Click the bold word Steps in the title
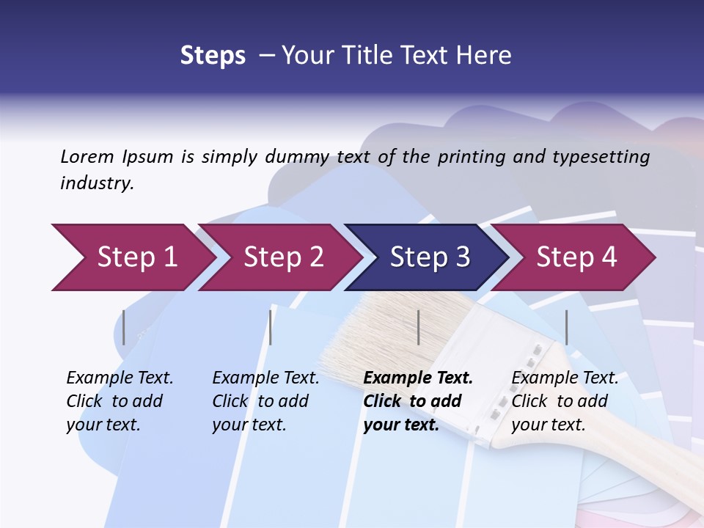pyautogui.click(x=213, y=56)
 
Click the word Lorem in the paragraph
pyautogui.click(x=87, y=156)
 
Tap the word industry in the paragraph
pyautogui.click(x=96, y=183)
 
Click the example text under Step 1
pyautogui.click(x=120, y=401)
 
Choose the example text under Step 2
pyautogui.click(x=265, y=401)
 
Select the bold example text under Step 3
pyautogui.click(x=418, y=401)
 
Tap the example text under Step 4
pyautogui.click(x=565, y=401)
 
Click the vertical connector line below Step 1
pyautogui.click(x=124, y=327)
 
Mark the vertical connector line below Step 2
pyautogui.click(x=271, y=327)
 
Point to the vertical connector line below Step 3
pyautogui.click(x=419, y=327)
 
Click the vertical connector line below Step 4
pyautogui.click(x=566, y=327)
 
